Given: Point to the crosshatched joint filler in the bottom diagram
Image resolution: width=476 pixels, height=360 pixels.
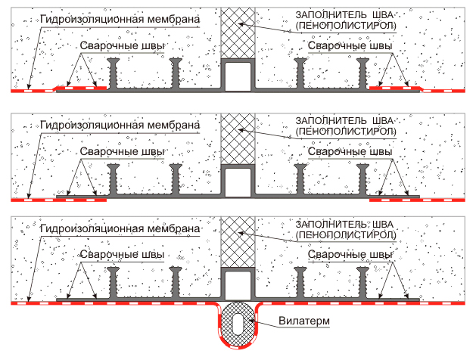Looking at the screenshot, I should pyautogui.click(x=237, y=242).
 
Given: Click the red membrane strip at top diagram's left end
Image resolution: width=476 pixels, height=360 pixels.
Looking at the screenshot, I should pyautogui.click(x=30, y=90).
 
